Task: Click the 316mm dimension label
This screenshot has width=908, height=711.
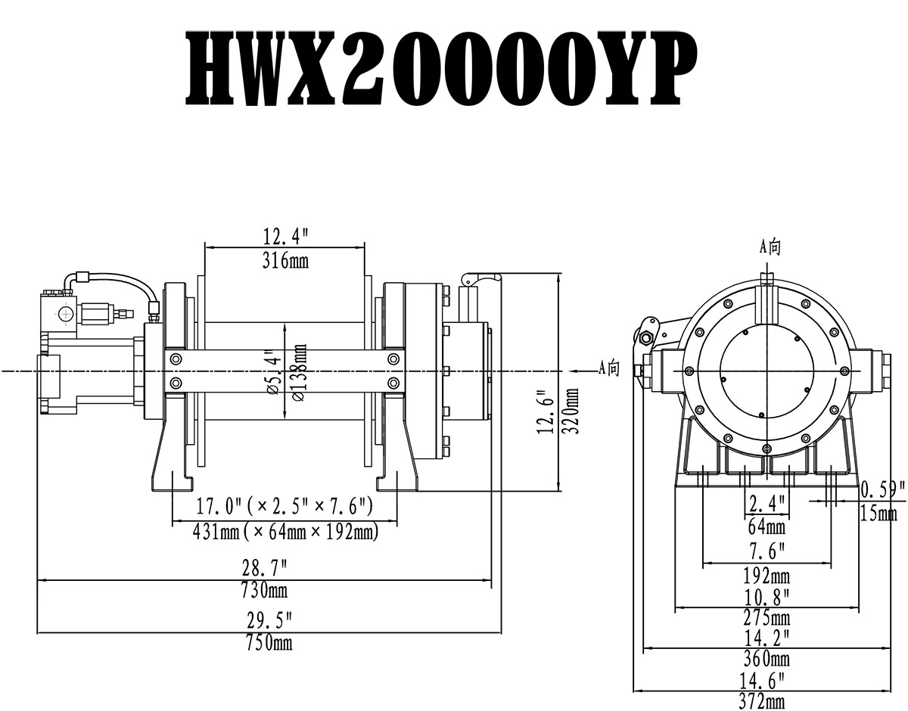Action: coord(284,262)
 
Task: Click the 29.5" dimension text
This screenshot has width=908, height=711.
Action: coord(269,622)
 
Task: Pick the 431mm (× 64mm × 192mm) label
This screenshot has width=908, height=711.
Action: coord(285,532)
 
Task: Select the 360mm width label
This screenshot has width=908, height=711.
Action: coord(766,658)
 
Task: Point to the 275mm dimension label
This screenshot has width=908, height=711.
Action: coord(766,617)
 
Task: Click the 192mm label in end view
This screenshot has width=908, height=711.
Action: coord(766,575)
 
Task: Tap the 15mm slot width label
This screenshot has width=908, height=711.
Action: coord(878,514)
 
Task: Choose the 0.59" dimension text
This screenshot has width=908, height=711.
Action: coord(882,490)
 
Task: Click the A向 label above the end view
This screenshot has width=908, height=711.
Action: coord(770,246)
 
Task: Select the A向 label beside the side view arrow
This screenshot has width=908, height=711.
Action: coord(609,368)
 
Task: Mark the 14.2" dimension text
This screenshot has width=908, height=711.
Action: coord(766,637)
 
